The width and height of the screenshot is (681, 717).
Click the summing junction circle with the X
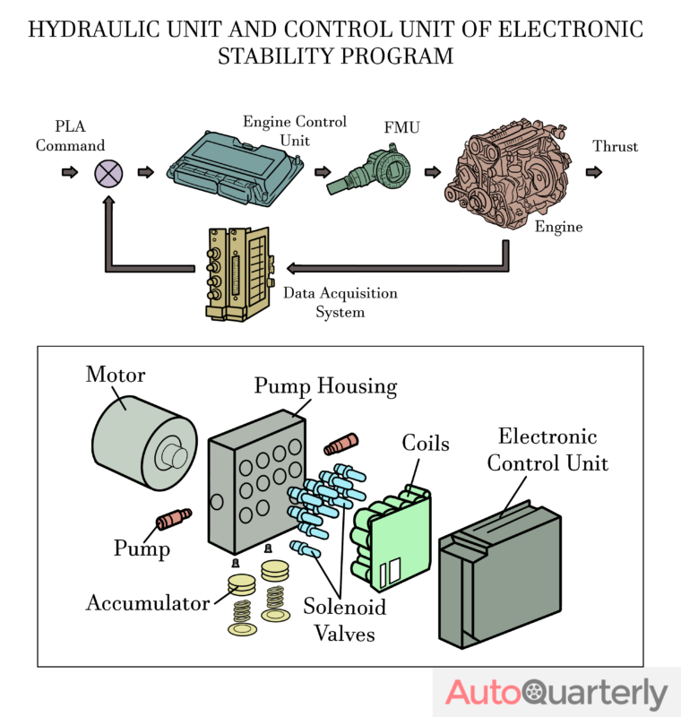[x=108, y=172]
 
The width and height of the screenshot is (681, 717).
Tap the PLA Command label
[x=70, y=136]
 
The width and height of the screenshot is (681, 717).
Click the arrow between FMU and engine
[x=433, y=171]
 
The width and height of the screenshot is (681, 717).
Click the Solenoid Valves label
[x=343, y=620]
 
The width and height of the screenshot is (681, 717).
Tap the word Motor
[x=115, y=375]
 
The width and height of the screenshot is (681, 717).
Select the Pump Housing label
[x=324, y=386]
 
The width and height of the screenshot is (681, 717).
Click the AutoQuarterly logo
[x=556, y=694]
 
